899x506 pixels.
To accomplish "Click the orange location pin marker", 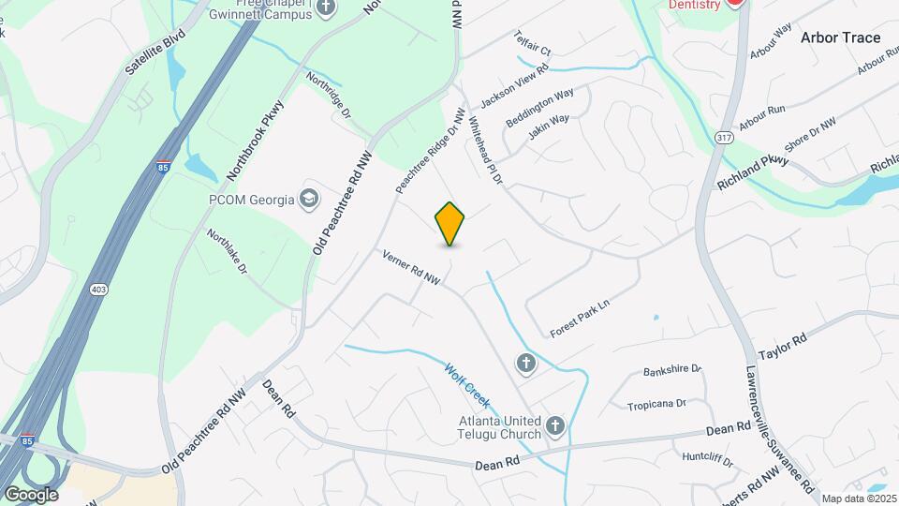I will tap(450, 224).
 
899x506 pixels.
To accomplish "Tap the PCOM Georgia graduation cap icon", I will tap(308, 199).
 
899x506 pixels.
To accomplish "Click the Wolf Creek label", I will tap(467, 386).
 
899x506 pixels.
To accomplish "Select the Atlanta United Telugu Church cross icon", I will tap(555, 427).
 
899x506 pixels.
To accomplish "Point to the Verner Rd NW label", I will tap(411, 267).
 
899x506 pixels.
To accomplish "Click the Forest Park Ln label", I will tap(580, 318).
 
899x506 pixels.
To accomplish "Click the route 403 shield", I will tap(98, 290).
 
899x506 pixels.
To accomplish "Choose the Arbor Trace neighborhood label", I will tap(840, 37).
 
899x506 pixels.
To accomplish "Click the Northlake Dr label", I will tap(227, 253).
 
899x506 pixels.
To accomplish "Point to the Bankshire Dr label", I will tap(672, 370).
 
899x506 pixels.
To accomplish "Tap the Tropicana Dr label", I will tap(656, 402).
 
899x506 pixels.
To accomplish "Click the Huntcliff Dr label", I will tap(706, 458).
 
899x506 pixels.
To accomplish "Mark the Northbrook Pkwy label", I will tap(255, 141).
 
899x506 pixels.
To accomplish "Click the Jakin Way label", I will tap(548, 126).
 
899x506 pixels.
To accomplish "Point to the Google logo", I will tap(31, 494).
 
